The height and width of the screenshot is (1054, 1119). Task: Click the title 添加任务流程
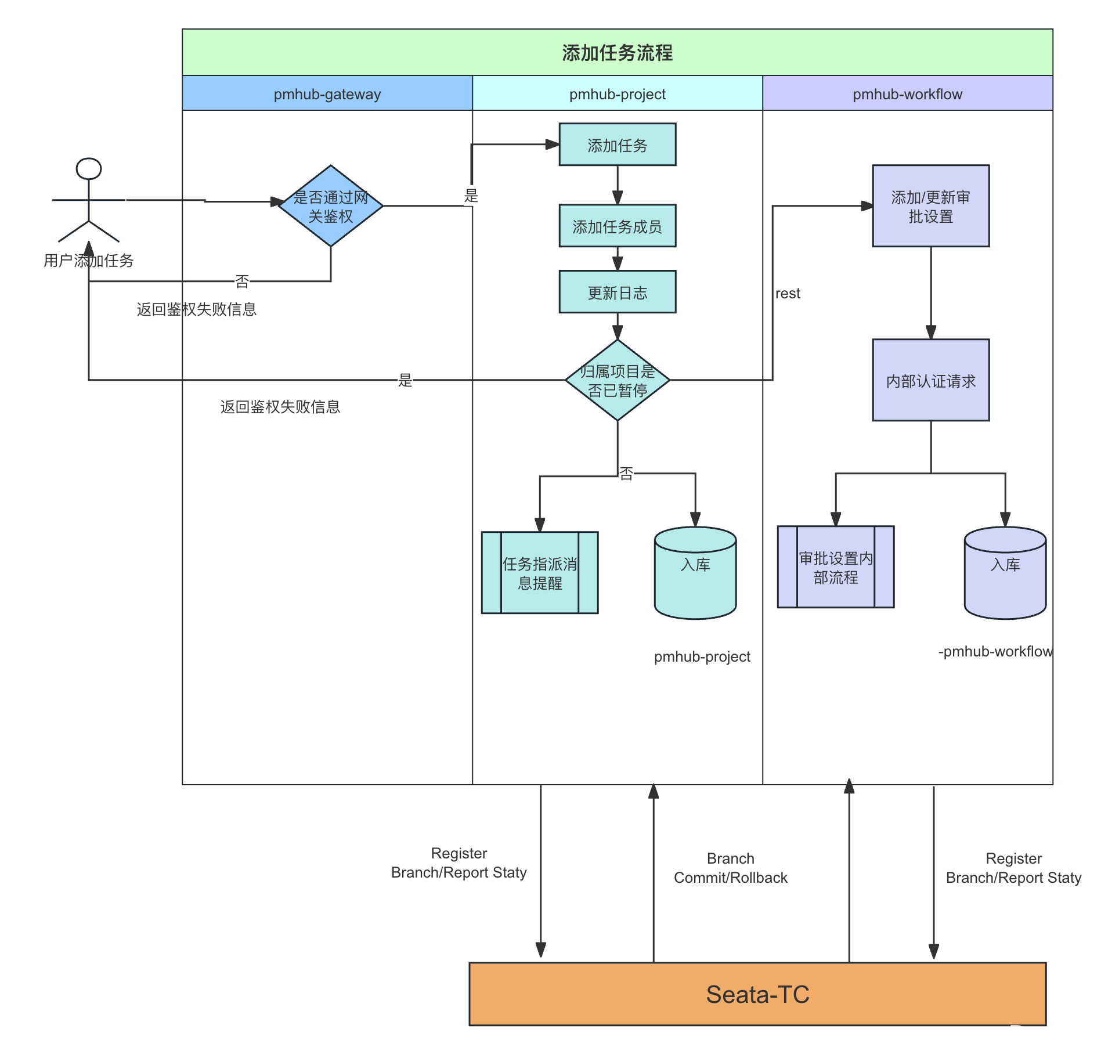click(617, 53)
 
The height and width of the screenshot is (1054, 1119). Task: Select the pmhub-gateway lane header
click(327, 94)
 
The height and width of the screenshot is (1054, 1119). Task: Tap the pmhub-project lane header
click(617, 94)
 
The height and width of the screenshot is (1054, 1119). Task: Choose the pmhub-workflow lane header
click(907, 94)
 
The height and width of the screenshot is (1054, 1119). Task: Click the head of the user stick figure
click(89, 169)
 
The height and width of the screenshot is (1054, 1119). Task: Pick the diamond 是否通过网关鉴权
click(331, 206)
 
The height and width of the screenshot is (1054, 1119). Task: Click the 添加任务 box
click(617, 145)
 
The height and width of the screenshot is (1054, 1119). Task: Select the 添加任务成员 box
click(617, 226)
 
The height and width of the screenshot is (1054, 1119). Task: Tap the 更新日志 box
click(617, 293)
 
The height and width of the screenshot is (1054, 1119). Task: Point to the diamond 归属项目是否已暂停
click(617, 380)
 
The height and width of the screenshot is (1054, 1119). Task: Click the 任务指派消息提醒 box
click(540, 573)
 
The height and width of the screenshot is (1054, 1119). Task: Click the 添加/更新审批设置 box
click(930, 207)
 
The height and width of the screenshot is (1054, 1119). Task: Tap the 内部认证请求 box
click(930, 381)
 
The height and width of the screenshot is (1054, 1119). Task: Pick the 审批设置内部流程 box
click(836, 568)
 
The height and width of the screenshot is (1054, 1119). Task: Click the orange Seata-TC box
click(757, 994)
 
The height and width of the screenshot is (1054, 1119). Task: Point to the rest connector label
click(788, 294)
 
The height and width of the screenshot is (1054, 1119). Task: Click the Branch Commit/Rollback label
click(731, 868)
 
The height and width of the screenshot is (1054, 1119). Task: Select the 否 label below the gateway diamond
click(242, 281)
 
